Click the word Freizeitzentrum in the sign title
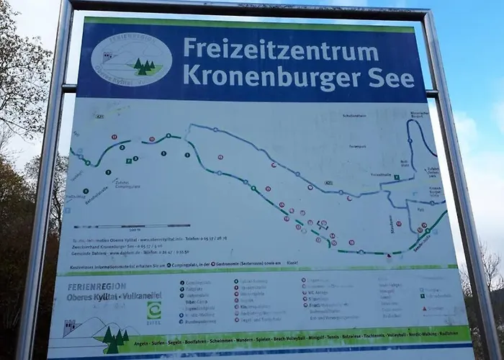[x=280, y=50]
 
